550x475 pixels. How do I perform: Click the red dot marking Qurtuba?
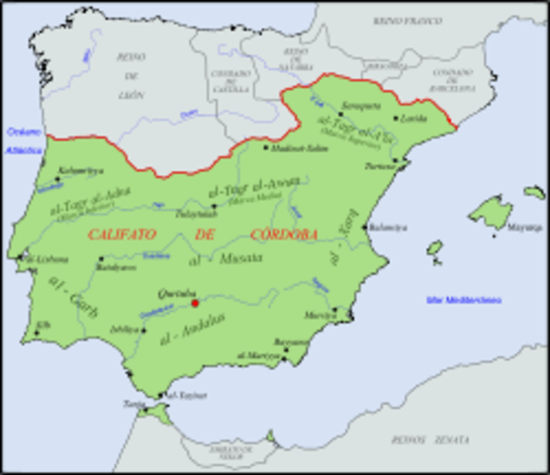pyautogui.click(x=196, y=303)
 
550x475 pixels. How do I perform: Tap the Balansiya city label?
pyautogui.click(x=387, y=227)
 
